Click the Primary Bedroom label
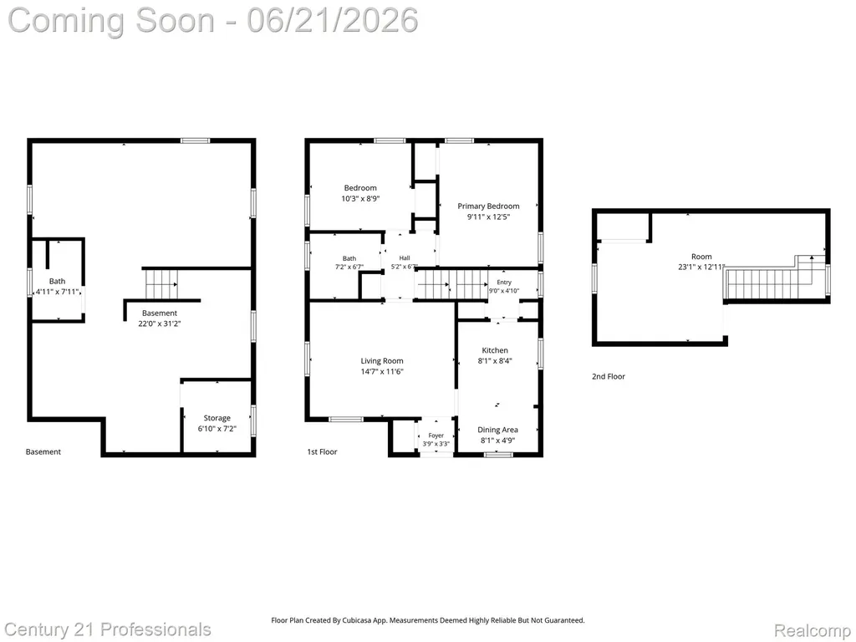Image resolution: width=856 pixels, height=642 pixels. [488, 206]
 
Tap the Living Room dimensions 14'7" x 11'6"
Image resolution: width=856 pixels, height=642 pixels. [381, 371]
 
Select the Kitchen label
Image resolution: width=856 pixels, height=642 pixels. [495, 350]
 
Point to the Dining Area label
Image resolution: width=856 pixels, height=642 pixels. [497, 430]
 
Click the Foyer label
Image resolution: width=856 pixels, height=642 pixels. [436, 435]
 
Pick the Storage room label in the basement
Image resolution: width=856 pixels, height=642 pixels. [217, 418]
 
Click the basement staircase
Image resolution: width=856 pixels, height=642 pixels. [161, 284]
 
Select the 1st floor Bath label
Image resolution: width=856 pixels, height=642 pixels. [349, 258]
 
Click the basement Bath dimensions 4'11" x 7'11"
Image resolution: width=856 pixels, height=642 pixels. [58, 292]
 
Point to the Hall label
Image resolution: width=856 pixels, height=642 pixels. [405, 257]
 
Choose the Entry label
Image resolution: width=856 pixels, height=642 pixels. [504, 283]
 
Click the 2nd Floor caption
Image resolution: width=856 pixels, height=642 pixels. [609, 376]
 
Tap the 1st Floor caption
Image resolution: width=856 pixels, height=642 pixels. [322, 451]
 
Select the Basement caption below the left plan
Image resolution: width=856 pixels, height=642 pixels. [43, 451]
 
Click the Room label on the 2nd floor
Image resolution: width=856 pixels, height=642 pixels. [701, 256]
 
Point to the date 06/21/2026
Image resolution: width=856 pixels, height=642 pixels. [332, 20]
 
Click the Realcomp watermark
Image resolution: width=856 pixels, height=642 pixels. [812, 630]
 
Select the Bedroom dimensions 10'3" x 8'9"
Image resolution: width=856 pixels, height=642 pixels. [359, 199]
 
